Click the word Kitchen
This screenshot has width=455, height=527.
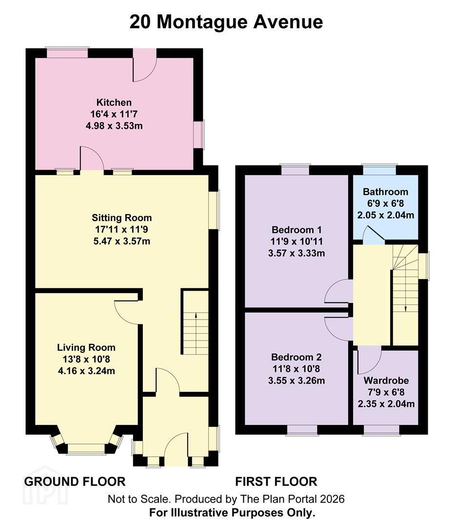114,102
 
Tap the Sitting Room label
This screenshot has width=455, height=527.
121,218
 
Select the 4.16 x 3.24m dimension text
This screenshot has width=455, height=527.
86,371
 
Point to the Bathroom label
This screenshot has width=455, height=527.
385,192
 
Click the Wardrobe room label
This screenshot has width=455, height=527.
386,381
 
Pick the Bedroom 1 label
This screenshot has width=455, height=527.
297,230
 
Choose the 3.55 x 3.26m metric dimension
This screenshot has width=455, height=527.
297,381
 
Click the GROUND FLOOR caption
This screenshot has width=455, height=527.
75,482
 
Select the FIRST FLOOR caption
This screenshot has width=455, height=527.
276,482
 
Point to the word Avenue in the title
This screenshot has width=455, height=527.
288,22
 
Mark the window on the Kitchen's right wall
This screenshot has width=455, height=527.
200,135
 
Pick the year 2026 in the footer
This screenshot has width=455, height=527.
332,499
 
